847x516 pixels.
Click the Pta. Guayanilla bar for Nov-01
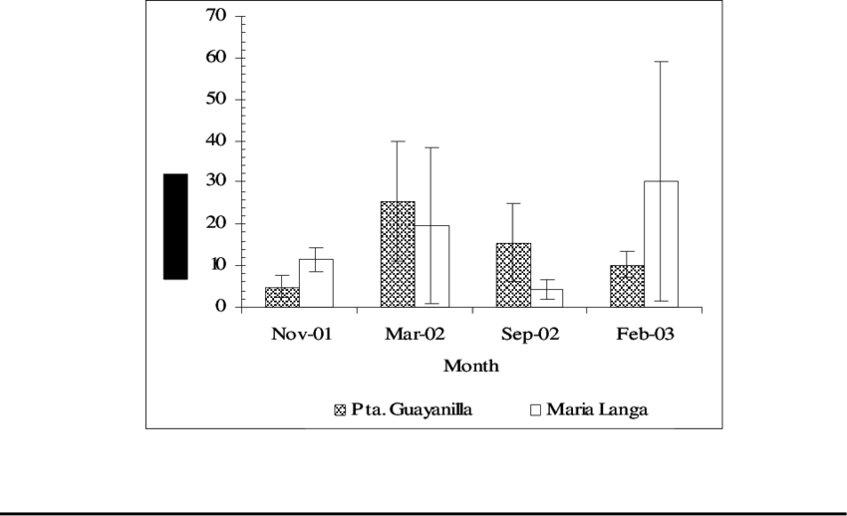282,297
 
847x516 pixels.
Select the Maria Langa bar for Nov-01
316,283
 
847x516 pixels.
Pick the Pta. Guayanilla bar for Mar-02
398,254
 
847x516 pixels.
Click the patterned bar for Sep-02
513,275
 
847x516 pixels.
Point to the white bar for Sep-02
547,298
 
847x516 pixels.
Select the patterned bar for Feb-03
628,286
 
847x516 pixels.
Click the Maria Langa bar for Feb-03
662,244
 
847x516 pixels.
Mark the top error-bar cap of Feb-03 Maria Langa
662,62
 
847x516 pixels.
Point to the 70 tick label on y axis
215,16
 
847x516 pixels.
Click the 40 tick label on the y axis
215,140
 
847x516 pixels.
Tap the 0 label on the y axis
221,307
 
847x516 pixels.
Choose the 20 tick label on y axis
215,223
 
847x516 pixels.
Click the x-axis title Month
470,366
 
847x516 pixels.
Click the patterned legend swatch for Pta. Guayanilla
340,409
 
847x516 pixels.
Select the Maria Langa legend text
596,409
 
